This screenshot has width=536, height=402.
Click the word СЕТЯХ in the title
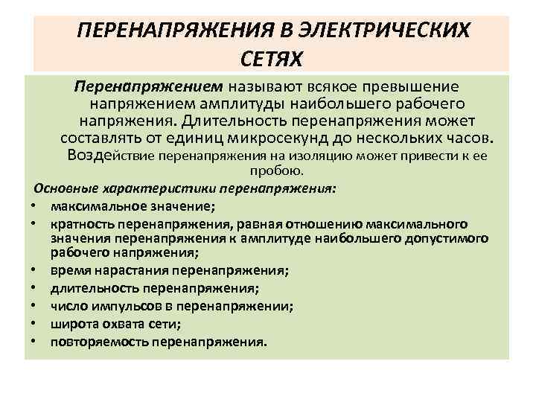(x=273, y=57)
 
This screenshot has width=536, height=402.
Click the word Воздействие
(x=131, y=156)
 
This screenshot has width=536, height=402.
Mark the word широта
(x=70, y=324)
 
